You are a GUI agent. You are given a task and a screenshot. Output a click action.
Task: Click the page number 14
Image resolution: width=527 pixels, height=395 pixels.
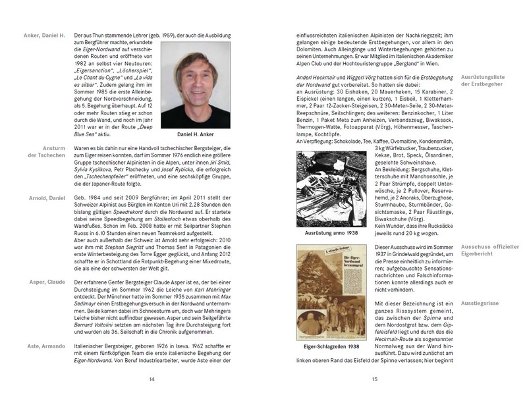click(x=152, y=379)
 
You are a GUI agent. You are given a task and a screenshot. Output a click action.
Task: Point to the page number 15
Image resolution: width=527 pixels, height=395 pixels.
click(x=374, y=379)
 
